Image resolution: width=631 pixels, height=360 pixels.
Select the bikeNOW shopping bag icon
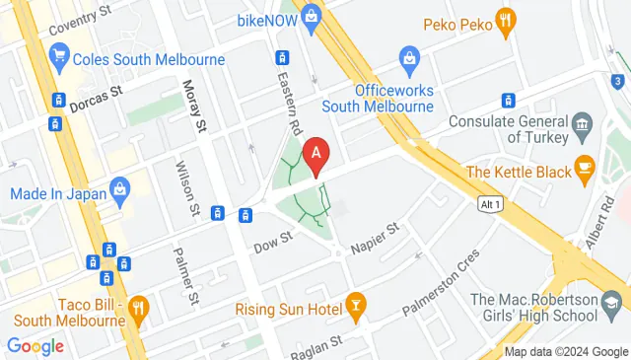click(312, 16)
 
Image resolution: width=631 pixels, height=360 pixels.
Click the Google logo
click(35, 346)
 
